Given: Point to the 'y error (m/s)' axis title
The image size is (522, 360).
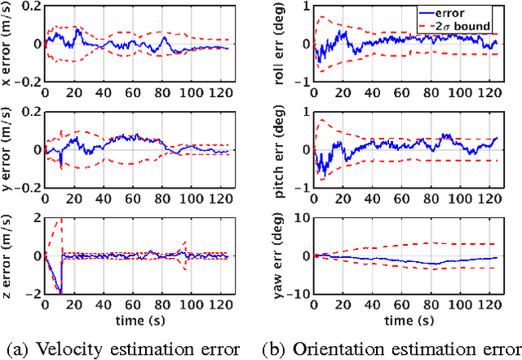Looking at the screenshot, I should coord(9,149).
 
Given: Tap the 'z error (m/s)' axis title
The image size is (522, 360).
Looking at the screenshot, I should coord(9,256).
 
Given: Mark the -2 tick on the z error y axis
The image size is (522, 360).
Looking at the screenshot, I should coord(33,293).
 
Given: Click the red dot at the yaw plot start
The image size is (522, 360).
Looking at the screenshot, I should coord(316,256).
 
